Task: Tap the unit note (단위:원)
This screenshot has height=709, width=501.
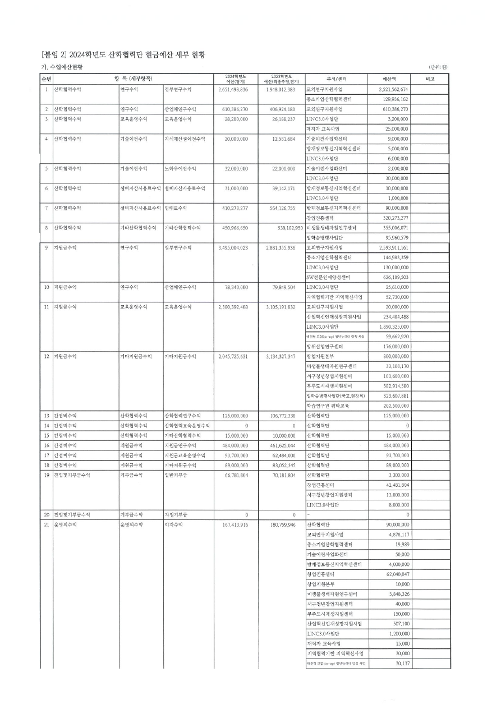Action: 438,68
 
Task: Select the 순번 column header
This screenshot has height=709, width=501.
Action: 47,79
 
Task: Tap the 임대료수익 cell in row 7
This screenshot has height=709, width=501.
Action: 175,208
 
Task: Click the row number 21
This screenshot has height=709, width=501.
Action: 47,524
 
